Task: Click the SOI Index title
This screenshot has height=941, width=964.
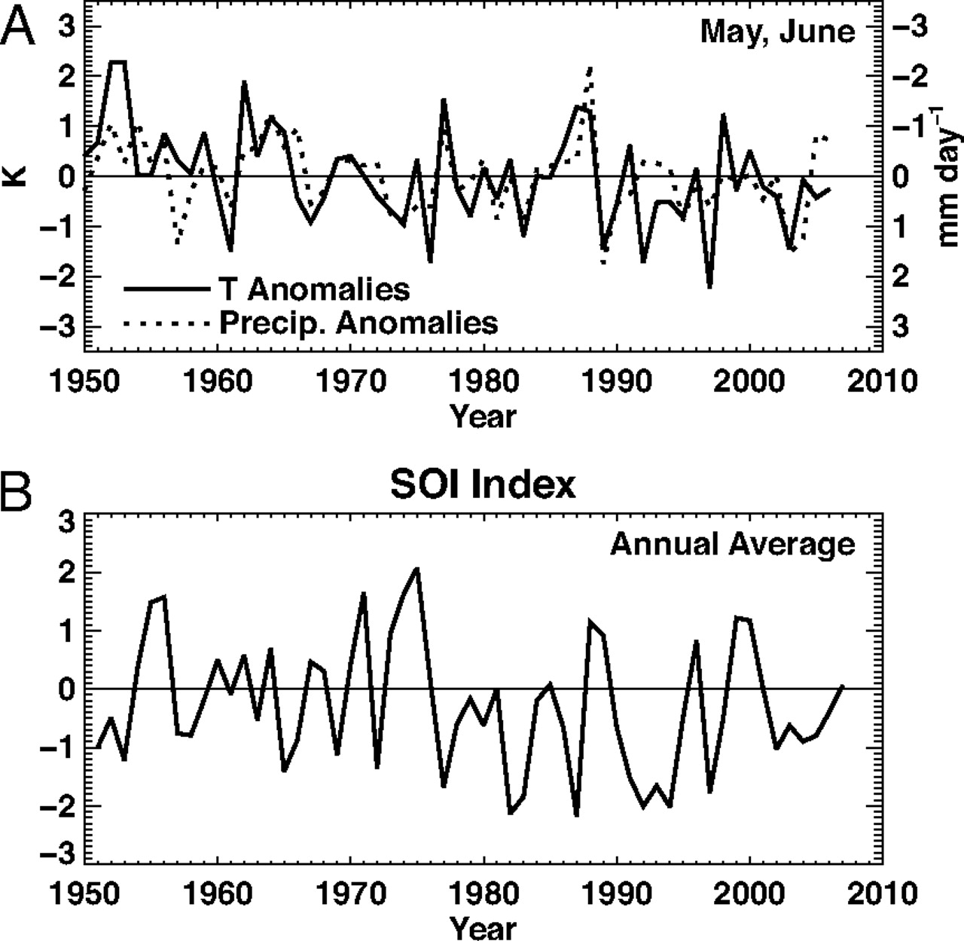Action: (x=483, y=485)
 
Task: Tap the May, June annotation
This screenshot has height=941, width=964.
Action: (x=777, y=32)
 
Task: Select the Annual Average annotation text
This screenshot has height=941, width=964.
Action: (x=732, y=543)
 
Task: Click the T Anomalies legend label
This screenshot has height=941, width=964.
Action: (x=314, y=289)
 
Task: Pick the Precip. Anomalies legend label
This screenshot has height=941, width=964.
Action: (x=358, y=322)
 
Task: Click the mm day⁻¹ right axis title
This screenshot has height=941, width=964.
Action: (x=947, y=176)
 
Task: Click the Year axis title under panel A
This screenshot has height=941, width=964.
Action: (x=483, y=416)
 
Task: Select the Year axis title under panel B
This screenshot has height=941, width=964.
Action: (x=483, y=927)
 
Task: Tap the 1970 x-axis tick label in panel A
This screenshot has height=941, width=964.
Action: (x=350, y=381)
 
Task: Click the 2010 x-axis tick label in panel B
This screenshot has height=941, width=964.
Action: (x=883, y=894)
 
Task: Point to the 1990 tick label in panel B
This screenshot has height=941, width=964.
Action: (x=617, y=894)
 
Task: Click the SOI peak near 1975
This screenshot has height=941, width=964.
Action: (x=417, y=569)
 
